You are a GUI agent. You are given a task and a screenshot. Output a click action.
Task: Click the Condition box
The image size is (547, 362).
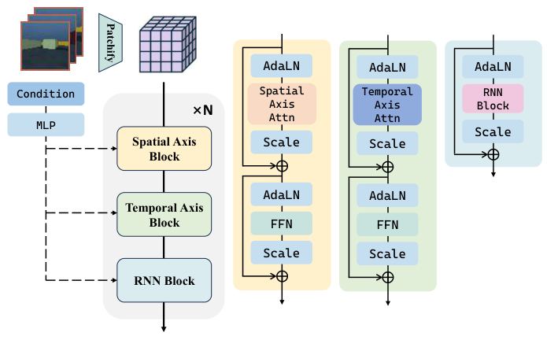[x=46, y=94]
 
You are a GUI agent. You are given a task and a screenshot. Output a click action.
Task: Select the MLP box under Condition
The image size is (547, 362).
[x=46, y=124]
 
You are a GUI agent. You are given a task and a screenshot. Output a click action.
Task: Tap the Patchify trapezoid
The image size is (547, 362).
[x=110, y=42]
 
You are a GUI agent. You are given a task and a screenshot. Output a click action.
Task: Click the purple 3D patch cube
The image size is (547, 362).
[x=164, y=47]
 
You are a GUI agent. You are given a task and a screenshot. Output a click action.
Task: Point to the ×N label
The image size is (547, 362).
[x=202, y=110]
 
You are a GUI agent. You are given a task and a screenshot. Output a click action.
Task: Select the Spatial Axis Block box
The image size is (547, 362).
[x=164, y=148]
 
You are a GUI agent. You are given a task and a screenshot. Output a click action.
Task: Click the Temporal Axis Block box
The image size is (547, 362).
[x=164, y=214]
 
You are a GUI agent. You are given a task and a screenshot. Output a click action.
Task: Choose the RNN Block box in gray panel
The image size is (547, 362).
[x=164, y=280]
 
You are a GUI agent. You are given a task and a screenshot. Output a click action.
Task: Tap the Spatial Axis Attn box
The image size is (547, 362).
[x=282, y=103]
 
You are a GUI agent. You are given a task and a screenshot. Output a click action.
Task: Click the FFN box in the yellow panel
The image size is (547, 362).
[x=282, y=223]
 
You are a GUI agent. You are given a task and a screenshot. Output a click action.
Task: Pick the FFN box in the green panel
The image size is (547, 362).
[x=388, y=225]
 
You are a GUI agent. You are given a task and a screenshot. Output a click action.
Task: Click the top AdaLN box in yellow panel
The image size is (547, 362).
[x=282, y=65]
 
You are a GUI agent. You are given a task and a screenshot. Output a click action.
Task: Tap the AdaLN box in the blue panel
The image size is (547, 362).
[x=493, y=67]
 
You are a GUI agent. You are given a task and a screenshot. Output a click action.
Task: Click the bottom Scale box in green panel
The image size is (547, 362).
[x=388, y=254]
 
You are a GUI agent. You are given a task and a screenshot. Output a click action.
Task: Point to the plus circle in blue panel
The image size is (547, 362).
[x=493, y=154]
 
